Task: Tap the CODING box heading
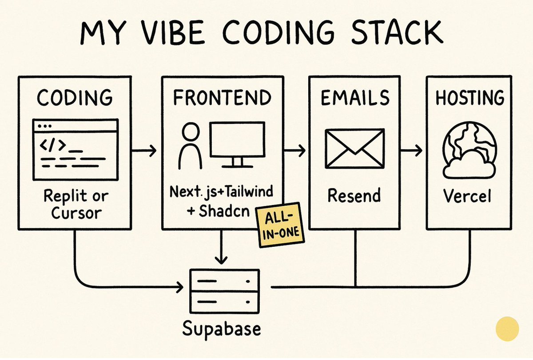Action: click(75, 98)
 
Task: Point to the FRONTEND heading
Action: click(222, 98)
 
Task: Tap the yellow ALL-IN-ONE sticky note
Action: click(278, 225)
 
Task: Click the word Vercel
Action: click(469, 195)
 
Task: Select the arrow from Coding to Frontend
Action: click(145, 151)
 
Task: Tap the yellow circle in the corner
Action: click(507, 329)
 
